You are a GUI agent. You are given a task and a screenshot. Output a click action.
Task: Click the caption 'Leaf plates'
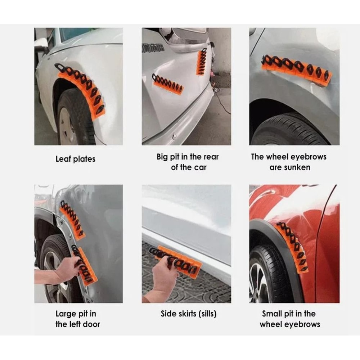[x=75, y=159]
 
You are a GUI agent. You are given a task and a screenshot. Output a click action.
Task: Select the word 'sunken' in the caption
[x=290, y=167]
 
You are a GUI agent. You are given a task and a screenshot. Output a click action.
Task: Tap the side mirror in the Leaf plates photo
[x=41, y=45]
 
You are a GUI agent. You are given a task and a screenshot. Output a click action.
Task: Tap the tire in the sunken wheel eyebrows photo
[x=288, y=130]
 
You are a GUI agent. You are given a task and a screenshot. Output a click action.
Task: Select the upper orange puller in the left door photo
[x=72, y=220]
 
